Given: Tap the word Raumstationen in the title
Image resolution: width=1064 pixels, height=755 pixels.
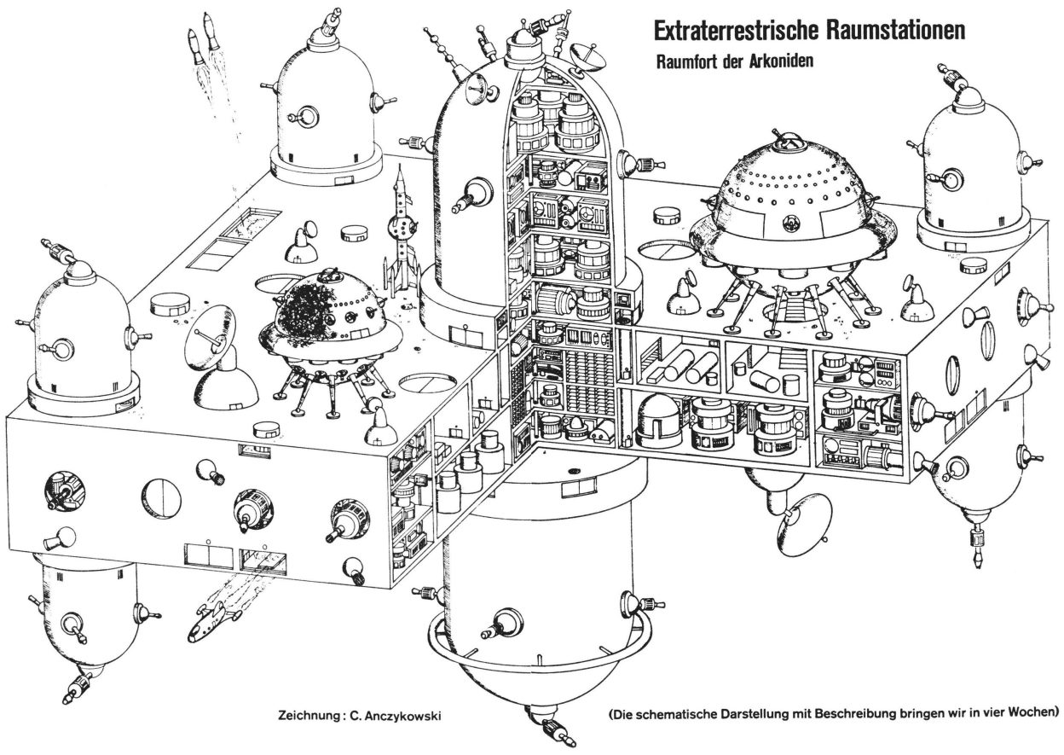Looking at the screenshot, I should coord(899,32).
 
